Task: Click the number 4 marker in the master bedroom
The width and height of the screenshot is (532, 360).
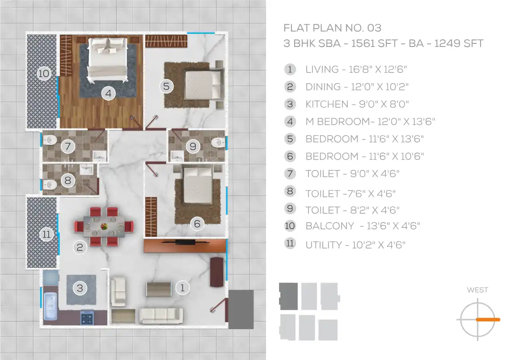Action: pos(108,93)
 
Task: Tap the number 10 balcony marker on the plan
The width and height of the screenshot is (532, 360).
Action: pos(44,73)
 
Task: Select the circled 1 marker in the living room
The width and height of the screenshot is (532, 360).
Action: pos(182,288)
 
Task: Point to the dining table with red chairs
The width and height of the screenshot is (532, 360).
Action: pos(104,226)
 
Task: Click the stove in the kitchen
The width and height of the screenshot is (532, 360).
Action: pos(87,318)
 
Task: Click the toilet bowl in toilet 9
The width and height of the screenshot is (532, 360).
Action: pos(218,143)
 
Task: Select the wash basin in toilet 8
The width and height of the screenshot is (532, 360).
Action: pos(87,169)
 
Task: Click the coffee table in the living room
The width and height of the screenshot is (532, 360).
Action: pos(159,289)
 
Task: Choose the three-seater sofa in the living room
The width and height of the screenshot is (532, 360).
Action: pos(161,316)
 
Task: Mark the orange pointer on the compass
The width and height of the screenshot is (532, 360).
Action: pos(488,320)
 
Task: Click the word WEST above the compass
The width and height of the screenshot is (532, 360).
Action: pos(477,290)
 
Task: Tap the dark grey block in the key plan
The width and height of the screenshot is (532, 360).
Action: pos(288,296)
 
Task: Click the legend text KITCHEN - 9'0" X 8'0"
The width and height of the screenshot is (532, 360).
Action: pos(357,104)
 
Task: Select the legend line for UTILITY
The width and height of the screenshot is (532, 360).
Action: pos(355,245)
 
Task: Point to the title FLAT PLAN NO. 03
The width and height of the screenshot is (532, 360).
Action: pos(332,28)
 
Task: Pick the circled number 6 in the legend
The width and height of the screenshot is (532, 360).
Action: pos(290,156)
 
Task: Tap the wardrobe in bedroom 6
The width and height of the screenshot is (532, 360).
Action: pos(151,217)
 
